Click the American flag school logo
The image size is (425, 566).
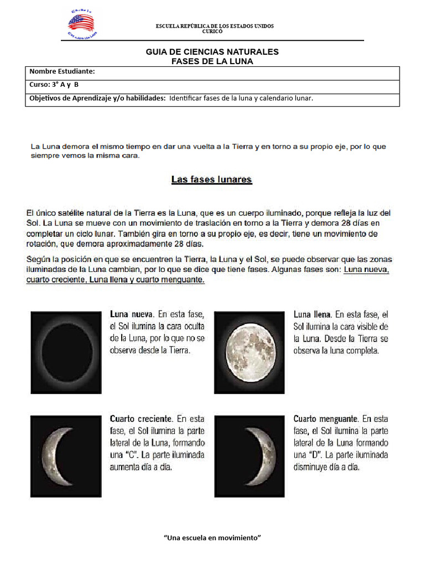(81, 24)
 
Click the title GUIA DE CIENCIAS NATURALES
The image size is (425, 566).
(212, 51)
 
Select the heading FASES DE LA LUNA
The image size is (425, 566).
(212, 61)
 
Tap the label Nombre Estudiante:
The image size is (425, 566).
(62, 71)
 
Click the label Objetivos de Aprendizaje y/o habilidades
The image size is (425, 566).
(97, 98)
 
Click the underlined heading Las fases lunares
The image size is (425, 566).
(211, 179)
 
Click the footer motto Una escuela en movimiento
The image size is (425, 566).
(212, 537)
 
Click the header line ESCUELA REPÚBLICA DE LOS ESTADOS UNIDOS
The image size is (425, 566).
(215, 26)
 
